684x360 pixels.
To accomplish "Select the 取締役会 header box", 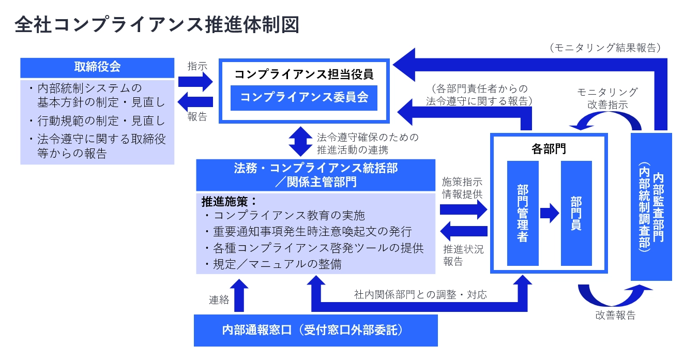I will [x=97, y=67].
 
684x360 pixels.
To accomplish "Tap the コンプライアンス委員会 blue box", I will [x=303, y=97].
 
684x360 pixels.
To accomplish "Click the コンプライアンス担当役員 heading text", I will [x=303, y=74].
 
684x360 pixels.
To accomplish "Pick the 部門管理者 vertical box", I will [x=523, y=213].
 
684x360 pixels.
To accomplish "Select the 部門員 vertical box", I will [x=576, y=213].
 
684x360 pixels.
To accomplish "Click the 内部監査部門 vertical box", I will [x=651, y=207].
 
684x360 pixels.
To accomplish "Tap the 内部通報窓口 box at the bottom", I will [x=315, y=330].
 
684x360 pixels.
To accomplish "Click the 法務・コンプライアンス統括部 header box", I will [x=315, y=175].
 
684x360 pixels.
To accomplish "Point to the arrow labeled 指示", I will [x=195, y=82].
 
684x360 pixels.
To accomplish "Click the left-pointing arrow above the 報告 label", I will [x=195, y=101].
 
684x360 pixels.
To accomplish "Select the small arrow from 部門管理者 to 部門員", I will [x=550, y=213].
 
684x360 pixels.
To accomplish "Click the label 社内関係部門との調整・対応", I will [x=420, y=295].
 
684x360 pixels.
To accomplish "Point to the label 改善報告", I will [x=615, y=315].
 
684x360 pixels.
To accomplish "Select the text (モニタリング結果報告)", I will [x=605, y=48].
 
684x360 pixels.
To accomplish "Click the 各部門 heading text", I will [x=549, y=149].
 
